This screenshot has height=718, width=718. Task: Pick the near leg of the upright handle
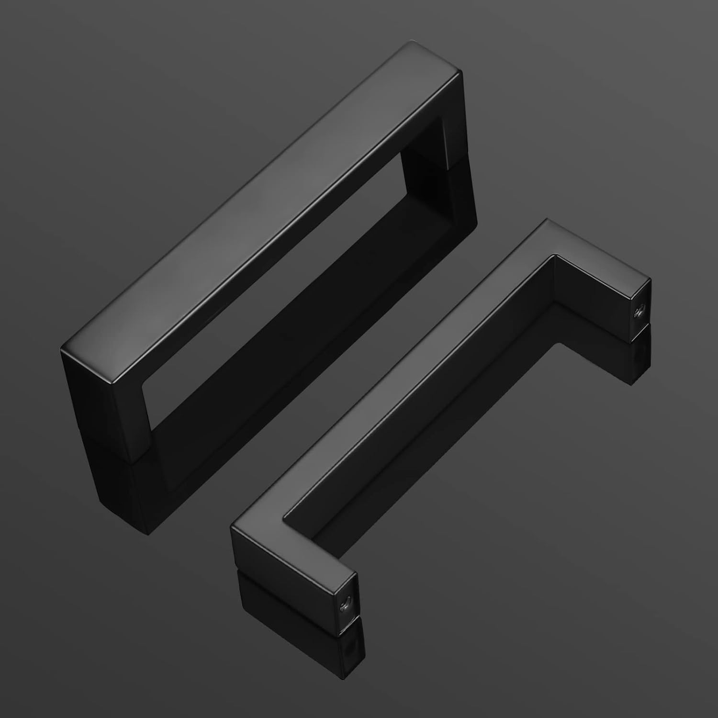point(110,407)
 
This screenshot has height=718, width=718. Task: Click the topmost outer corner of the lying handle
point(546,220)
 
